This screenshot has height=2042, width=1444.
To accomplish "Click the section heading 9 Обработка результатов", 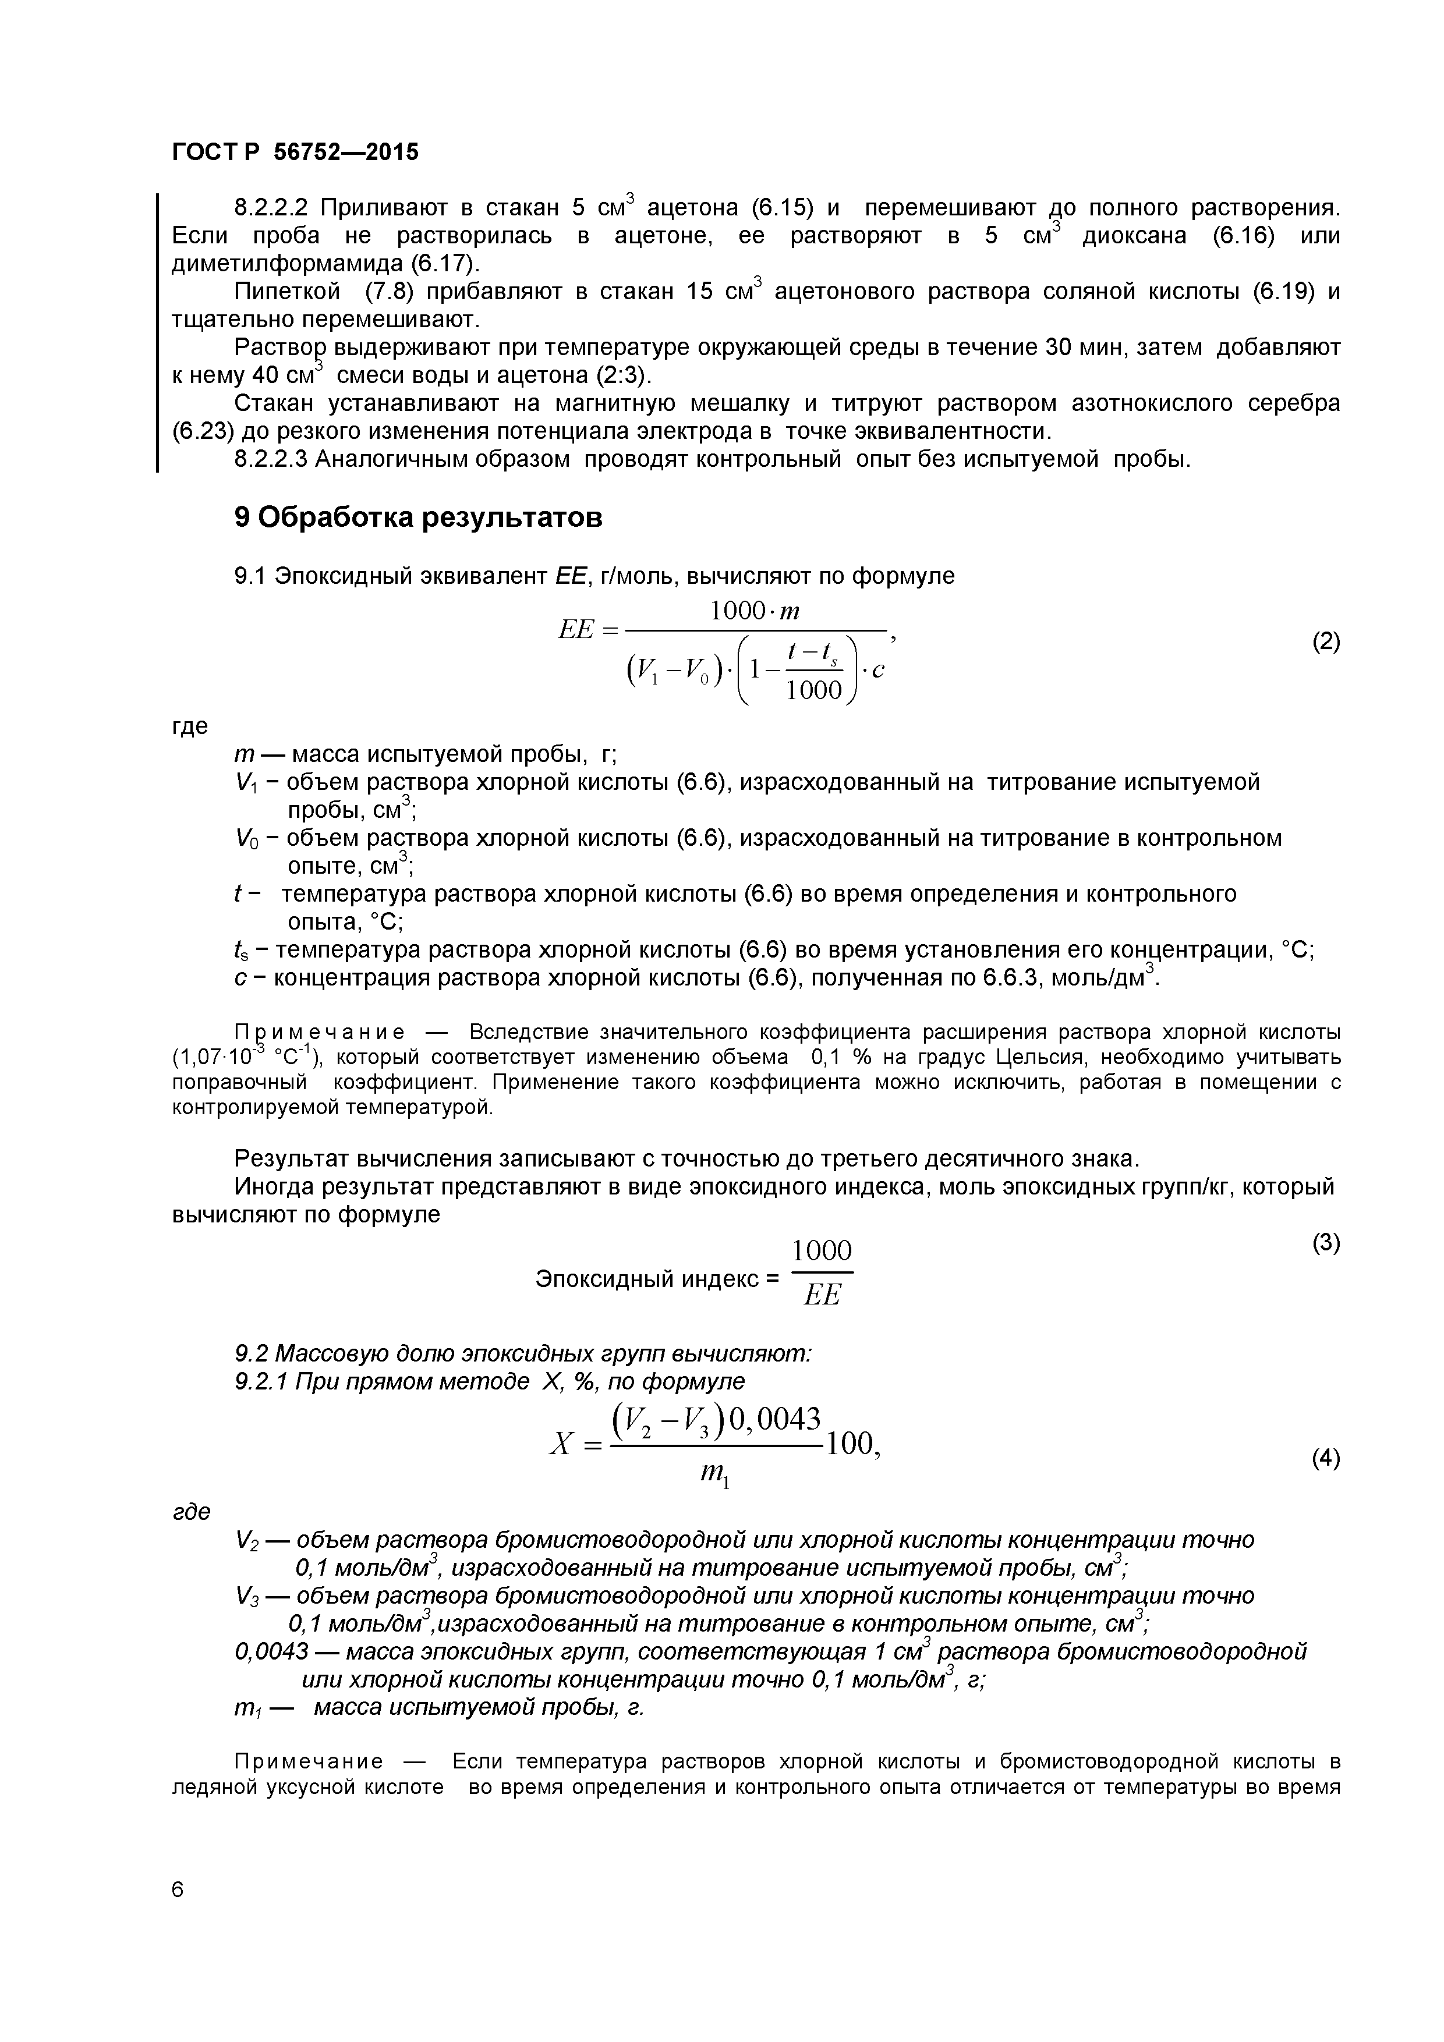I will (x=418, y=517).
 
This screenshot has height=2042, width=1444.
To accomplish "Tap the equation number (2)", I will (x=1326, y=641).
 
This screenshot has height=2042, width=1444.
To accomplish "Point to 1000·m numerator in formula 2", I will (x=755, y=612).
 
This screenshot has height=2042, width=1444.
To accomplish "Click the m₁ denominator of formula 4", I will (x=716, y=1477).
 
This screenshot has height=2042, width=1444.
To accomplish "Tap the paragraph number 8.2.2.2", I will (x=271, y=208).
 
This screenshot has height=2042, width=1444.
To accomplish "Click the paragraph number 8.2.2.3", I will (x=271, y=460).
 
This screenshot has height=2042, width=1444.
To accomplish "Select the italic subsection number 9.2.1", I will (x=260, y=1381).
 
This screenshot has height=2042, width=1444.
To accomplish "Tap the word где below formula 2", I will (x=189, y=726).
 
